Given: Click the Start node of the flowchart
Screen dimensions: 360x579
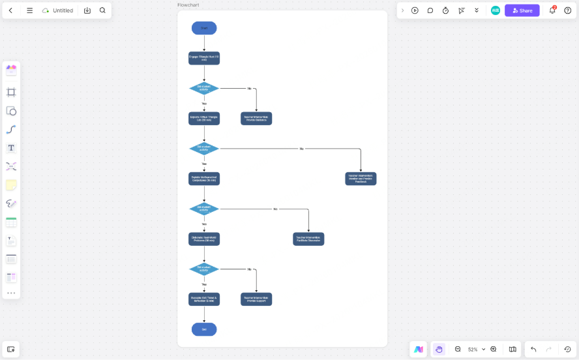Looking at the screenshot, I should coord(204,28).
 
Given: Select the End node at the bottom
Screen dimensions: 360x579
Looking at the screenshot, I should coord(204,329).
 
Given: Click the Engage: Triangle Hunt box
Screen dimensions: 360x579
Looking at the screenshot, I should coord(204,58).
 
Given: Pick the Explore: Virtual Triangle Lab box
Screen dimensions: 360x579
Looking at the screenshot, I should coord(204,119).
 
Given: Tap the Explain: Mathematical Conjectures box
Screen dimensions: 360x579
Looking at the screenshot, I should coord(204,179).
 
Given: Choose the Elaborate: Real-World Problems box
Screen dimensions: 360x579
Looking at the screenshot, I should coord(204,239).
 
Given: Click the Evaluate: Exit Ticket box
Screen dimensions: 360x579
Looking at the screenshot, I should coord(204,299).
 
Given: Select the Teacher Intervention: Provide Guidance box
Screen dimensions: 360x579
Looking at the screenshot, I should coord(256,119).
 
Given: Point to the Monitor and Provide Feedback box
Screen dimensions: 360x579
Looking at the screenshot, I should coord(361,179).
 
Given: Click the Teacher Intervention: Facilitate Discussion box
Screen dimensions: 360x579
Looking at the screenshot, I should coord(308,239).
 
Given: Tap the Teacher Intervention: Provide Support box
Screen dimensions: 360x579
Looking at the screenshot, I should coord(256,299).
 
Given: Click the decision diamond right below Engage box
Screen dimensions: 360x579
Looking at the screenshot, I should coord(204,88).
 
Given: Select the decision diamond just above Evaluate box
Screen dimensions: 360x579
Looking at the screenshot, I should coord(204,269).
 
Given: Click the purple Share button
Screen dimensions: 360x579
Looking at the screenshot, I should coord(522,10).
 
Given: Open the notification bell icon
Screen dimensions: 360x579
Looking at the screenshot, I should coord(552,10).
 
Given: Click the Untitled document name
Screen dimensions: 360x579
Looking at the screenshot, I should coord(63,10).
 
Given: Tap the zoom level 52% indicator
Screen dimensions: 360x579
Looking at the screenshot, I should coord(473,350).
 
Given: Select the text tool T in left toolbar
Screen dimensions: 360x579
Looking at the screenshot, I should coord(11,148).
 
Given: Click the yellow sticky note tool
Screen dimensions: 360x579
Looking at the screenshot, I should coord(11,185).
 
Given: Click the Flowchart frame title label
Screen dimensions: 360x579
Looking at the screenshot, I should coord(188,5).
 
